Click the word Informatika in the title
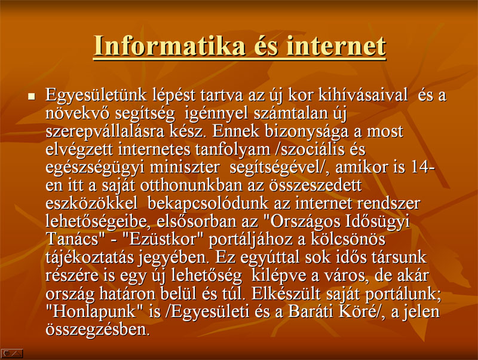170,46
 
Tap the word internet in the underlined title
336,46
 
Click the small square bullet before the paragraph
32,97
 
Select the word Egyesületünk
96,96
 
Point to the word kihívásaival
363,95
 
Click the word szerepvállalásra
104,132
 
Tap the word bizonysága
307,132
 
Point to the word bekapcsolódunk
208,203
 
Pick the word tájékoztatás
90,258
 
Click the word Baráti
309,312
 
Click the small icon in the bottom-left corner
12,353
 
